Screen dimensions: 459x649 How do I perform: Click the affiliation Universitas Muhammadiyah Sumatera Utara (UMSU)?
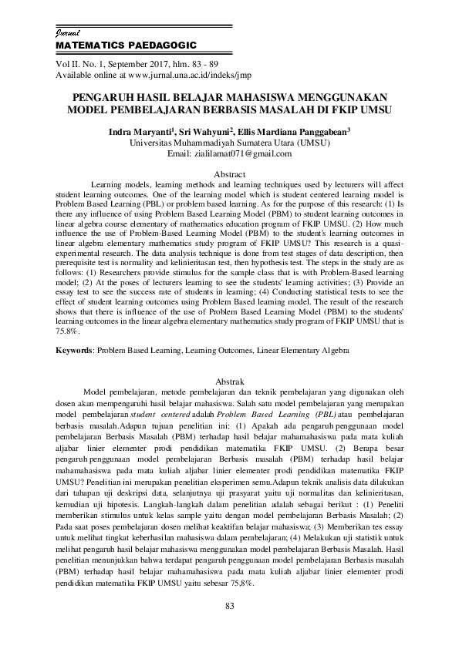coord(230,143)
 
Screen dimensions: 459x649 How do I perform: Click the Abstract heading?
coord(228,176)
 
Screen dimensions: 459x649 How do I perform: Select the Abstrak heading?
coord(228,382)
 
